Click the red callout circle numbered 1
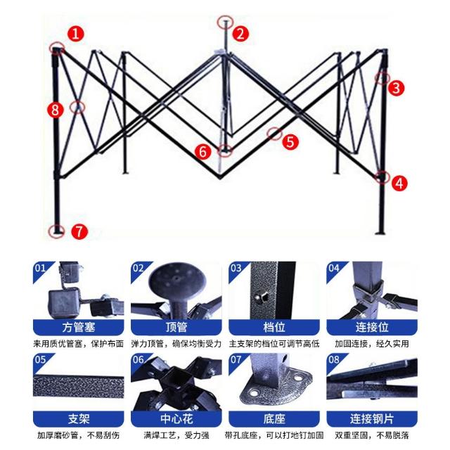point(76,34)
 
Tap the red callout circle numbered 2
point(240,34)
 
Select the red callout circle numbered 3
point(397,87)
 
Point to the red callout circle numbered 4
point(399,183)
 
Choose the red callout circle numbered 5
point(290,141)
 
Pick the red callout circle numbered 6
point(203,151)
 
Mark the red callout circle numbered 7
point(79,231)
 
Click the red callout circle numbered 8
point(56,110)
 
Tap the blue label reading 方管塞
point(78,327)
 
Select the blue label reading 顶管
point(176,327)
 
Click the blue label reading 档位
point(274,327)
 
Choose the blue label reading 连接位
point(372,327)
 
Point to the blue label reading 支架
point(78,419)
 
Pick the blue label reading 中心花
point(176,419)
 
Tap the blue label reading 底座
point(274,419)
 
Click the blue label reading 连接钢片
point(372,419)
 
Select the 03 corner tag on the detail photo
point(236,269)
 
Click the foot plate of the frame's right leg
point(380,233)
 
